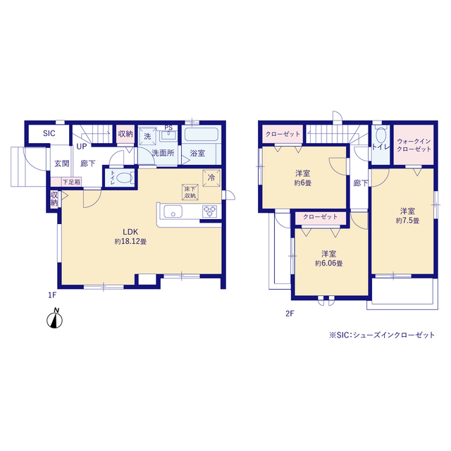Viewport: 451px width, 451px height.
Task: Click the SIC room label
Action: coord(49,133)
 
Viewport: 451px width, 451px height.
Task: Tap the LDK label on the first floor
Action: coord(130,232)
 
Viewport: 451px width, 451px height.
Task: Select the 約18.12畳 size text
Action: coord(130,242)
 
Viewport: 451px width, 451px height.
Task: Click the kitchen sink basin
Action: coord(173,211)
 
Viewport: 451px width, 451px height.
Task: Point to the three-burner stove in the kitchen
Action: coord(210,211)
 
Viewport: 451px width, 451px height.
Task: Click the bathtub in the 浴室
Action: coord(202,135)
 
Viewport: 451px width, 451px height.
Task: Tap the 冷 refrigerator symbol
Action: coord(211,178)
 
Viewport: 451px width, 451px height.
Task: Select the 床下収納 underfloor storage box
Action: coord(190,192)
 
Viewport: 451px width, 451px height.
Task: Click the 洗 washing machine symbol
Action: coord(147,136)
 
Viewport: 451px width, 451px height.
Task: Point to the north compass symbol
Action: coord(55,319)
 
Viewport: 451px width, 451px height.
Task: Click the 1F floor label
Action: coord(52,295)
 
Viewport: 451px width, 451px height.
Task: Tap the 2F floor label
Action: coord(290,314)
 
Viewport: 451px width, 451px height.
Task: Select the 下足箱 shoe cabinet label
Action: coord(72,182)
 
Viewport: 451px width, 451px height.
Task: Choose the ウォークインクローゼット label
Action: coord(414,145)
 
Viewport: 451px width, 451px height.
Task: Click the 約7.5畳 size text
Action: coord(407,221)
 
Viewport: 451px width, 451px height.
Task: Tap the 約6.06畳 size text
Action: coord(329,264)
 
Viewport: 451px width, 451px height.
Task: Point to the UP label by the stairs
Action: coord(82,147)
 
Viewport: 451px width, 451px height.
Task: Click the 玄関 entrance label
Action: coord(62,163)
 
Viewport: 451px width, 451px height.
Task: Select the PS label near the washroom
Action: coord(168,128)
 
